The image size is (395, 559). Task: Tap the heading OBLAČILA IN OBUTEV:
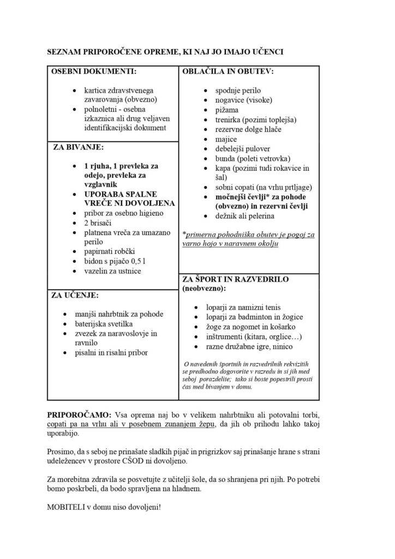point(228,72)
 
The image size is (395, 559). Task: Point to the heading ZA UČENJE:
point(75,295)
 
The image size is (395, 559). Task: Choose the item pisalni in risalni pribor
point(111,353)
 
